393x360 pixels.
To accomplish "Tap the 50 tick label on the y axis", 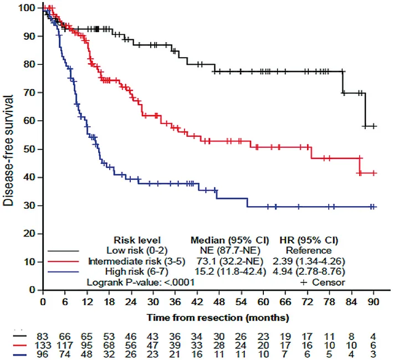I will pyautogui.click(x=33, y=149).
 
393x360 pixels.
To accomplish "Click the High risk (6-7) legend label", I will pyautogui.click(x=139, y=271).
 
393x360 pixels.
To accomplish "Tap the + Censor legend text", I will pyautogui.click(x=322, y=282).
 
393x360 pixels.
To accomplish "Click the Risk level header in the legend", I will pyautogui.click(x=137, y=240).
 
